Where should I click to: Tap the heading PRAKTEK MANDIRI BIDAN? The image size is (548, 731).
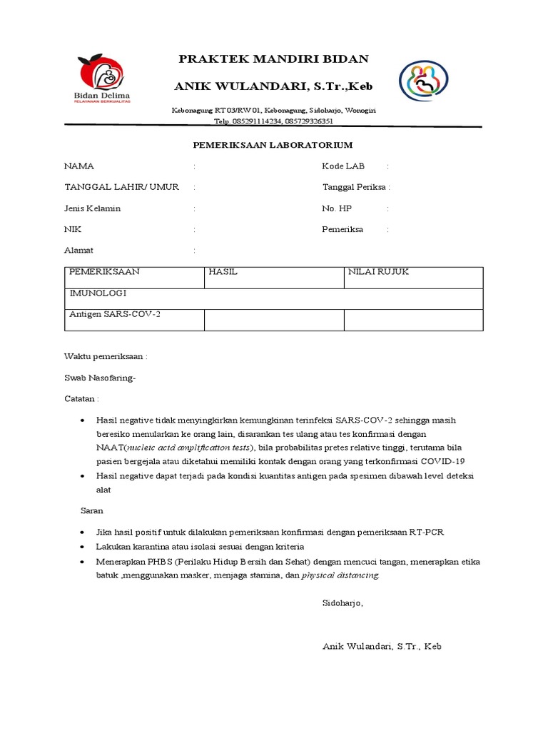pos(274,59)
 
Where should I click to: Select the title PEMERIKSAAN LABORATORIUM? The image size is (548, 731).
pos(273,145)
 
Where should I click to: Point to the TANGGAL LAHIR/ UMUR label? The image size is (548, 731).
pos(121,187)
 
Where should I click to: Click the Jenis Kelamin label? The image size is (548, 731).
pos(93,208)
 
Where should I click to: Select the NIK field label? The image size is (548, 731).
pos(73,230)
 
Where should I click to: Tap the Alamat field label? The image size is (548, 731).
pos(78,251)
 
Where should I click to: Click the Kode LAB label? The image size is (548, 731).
pos(343,166)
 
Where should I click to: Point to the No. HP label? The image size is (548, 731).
pos(337,208)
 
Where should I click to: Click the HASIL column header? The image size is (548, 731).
pos(223,273)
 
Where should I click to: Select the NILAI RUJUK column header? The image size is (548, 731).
pos(378,273)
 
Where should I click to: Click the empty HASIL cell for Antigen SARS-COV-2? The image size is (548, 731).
pos(274,320)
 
